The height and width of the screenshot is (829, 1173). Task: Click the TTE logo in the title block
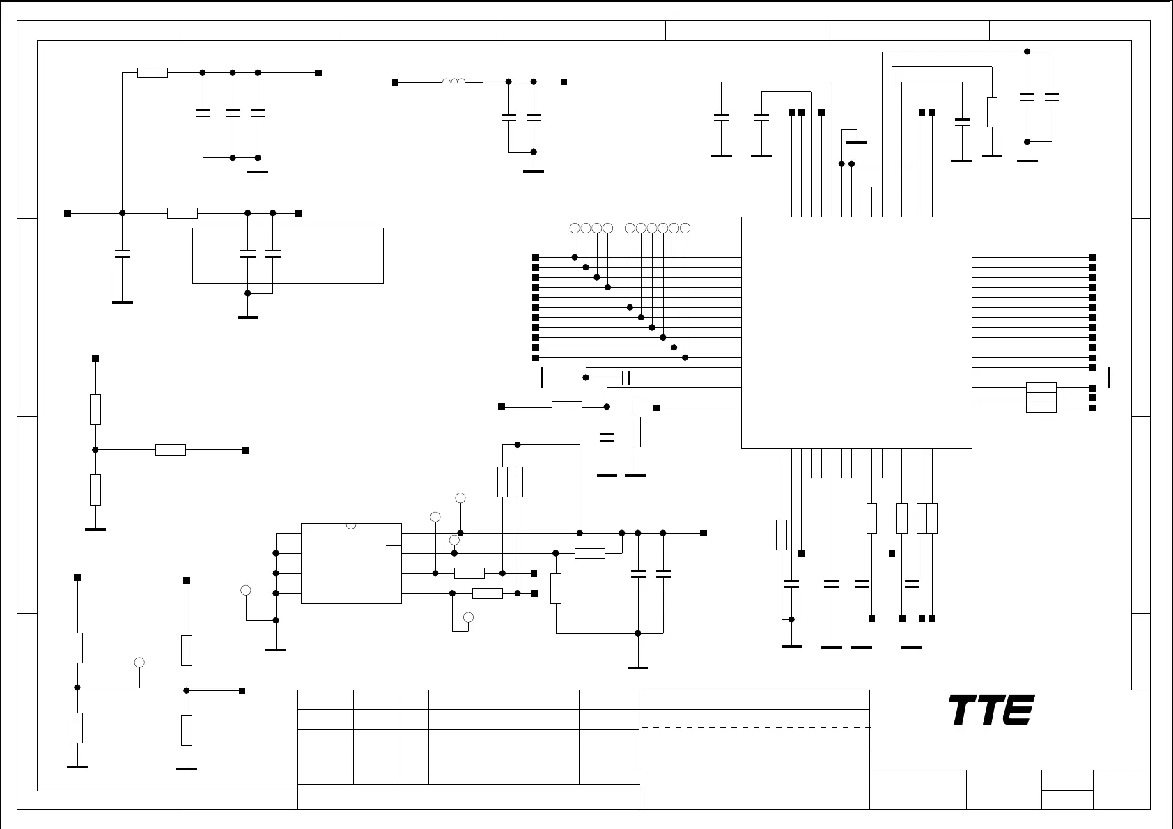point(991,710)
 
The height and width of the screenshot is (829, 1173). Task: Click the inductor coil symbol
point(454,82)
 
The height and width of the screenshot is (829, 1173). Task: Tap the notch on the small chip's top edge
point(351,525)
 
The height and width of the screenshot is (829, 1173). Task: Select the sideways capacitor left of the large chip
point(626,378)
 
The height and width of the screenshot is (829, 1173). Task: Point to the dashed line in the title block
point(755,727)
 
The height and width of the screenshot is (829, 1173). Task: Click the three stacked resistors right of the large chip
point(1041,398)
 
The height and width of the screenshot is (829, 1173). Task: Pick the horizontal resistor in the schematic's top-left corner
point(153,72)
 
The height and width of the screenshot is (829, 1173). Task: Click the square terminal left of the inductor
point(395,83)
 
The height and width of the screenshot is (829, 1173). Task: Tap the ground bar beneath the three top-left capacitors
point(258,172)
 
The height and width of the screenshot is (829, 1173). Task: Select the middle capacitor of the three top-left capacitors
point(233,112)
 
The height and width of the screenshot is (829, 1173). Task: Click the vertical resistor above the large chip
point(992,112)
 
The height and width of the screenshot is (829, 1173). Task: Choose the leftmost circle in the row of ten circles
point(575,228)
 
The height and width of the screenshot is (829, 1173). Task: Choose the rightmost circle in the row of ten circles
point(685,228)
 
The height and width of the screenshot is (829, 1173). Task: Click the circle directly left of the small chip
point(245,591)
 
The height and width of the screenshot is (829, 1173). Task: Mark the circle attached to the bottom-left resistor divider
point(139,662)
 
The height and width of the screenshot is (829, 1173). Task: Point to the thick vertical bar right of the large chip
point(1108,378)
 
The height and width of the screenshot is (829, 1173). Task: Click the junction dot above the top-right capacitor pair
point(1027,52)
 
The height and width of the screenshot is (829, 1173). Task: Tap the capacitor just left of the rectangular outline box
point(123,254)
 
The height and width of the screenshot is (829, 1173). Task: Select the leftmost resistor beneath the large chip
point(782,535)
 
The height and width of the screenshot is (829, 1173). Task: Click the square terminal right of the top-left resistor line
point(318,72)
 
